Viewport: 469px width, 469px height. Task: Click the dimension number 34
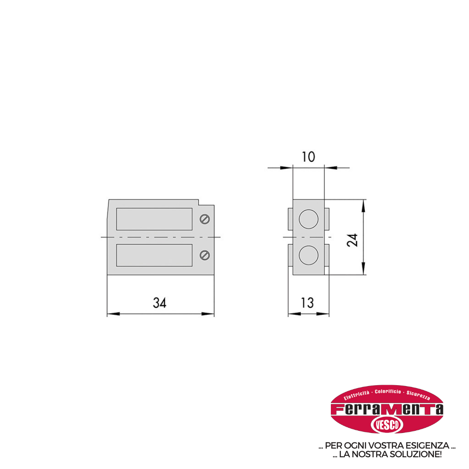pos(160,303)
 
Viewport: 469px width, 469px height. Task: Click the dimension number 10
pos(308,157)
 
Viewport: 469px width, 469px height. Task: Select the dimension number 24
pos(352,240)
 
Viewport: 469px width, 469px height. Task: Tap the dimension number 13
pos(307,303)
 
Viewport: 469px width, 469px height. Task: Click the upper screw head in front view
pos(205,219)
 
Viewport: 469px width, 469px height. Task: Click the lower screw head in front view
pos(205,255)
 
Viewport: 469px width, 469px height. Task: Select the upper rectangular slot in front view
pos(154,219)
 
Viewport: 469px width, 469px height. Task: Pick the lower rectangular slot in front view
pos(154,255)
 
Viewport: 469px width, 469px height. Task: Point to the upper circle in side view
pos(309,219)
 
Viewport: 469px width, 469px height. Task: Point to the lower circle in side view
pos(309,255)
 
